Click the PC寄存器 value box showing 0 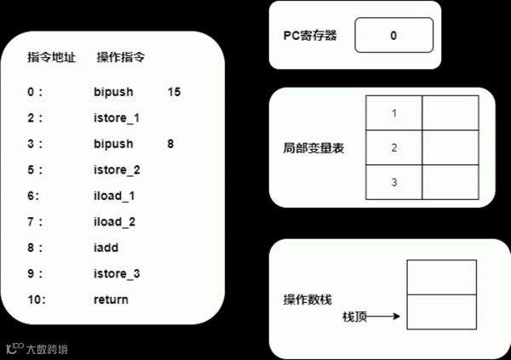coord(393,37)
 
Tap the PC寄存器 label coord(310,37)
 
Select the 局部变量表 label coord(307,148)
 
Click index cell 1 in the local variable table coord(393,113)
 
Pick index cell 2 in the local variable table coord(393,148)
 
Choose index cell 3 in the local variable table coord(393,182)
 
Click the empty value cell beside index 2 coord(450,148)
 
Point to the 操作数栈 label coord(307,301)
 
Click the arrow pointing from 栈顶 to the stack coord(385,317)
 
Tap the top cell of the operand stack coord(442,277)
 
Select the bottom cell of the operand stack coord(442,311)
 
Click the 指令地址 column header coord(52,59)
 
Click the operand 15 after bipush coord(175,91)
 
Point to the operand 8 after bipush coord(171,144)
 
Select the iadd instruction coord(106,248)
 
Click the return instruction coord(111,300)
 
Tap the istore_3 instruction coord(117,273)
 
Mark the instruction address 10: coord(36,300)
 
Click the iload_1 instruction coord(115,196)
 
